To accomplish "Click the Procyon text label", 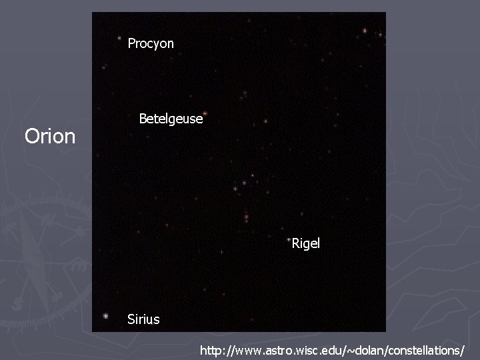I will point(151,43).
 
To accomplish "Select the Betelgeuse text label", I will point(170,119).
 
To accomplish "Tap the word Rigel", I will point(306,243).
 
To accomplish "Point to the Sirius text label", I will point(143,319).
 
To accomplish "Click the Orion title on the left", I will point(50,137).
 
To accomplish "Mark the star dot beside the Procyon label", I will point(119,38).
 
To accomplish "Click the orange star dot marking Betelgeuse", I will point(205,113).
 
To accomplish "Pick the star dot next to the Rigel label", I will point(288,238).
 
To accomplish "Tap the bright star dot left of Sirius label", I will point(106,317).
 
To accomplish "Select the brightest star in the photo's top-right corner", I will point(365,30).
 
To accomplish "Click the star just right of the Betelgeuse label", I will point(265,121).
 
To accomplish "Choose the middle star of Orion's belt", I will point(244,182).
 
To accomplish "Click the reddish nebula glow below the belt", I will point(246,217).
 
